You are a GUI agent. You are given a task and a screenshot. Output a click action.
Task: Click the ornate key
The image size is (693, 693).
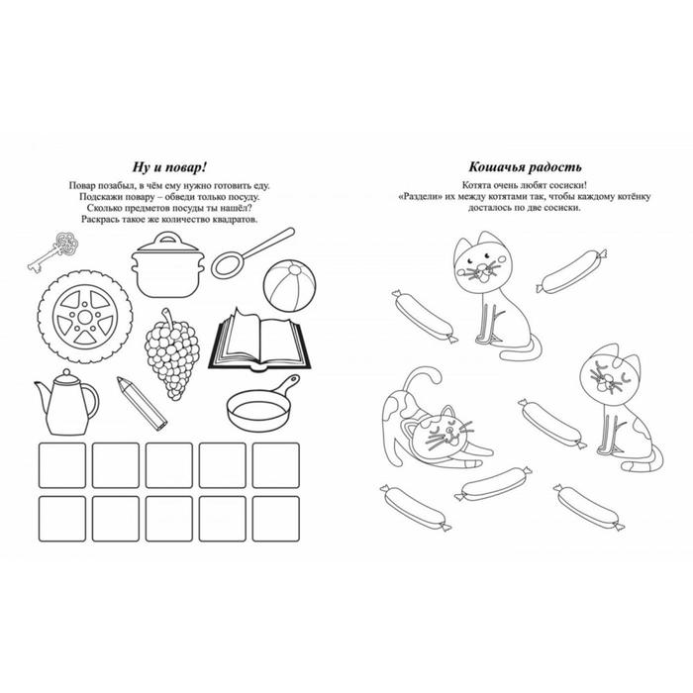[53, 251]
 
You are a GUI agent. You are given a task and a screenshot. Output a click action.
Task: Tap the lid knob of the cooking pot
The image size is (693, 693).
[167, 238]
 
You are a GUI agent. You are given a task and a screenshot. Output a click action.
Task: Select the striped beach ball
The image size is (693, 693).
[289, 286]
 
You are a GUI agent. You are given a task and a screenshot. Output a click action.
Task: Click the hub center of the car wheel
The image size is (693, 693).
[85, 317]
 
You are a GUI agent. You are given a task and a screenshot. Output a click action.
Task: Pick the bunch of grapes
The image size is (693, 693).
[172, 353]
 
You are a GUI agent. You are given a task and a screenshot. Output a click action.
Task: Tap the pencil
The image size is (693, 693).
[142, 404]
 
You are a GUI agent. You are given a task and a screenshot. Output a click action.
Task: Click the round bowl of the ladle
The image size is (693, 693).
[228, 264]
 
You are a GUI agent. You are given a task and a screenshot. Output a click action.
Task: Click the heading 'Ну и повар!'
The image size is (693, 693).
[169, 167]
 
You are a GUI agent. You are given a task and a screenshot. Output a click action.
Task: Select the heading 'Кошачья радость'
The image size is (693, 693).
[525, 167]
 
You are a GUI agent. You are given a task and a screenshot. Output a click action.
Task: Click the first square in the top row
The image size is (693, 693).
[62, 465]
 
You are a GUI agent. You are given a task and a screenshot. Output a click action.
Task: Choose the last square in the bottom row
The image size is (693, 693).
[276, 519]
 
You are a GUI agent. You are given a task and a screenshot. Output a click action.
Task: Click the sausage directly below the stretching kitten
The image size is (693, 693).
[493, 483]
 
